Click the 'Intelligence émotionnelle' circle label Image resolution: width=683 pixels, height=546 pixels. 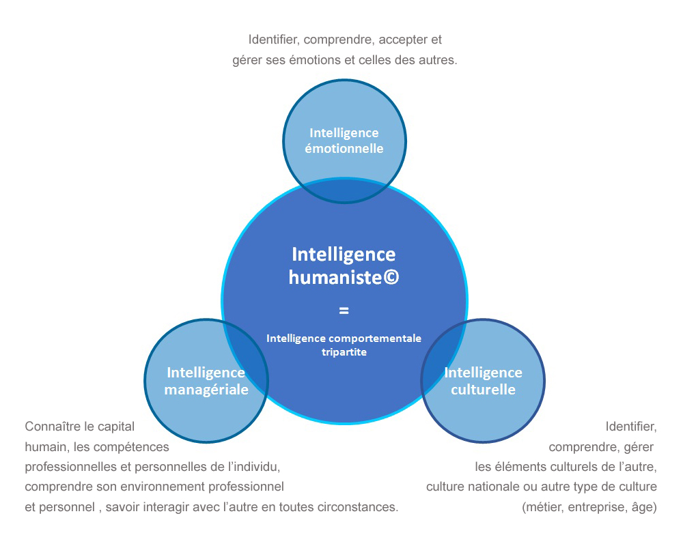click(x=344, y=141)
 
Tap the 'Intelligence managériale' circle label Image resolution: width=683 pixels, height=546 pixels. click(x=206, y=381)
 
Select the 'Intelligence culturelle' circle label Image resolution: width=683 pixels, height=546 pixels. click(x=483, y=381)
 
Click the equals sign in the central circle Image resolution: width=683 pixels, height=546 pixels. click(x=344, y=311)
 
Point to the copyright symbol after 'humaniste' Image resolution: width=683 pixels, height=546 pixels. click(x=391, y=277)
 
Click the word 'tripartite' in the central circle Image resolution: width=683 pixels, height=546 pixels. click(x=344, y=351)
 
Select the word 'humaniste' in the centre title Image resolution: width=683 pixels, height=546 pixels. click(x=336, y=277)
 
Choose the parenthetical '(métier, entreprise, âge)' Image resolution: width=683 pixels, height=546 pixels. click(x=589, y=507)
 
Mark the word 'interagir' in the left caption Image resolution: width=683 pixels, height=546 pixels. click(x=167, y=507)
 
